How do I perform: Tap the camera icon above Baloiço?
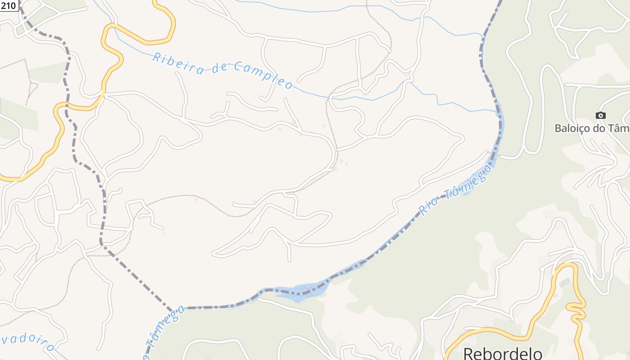coord(600,116)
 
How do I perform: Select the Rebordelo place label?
coord(502,353)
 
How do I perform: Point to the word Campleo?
coord(263,75)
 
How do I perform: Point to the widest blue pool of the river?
coord(299,292)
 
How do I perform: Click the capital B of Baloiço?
coord(558,128)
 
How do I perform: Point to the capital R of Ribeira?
coord(157,58)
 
